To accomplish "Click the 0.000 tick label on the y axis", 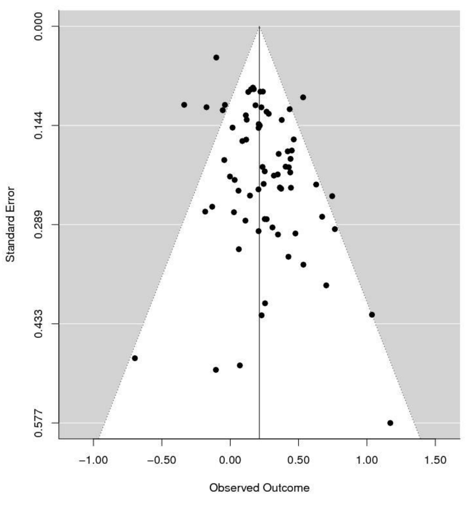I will click(x=38, y=26).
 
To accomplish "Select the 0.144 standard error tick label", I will click(x=38, y=125).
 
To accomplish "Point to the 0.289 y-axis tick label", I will click(x=38, y=224).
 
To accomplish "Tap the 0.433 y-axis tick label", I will click(x=38, y=324).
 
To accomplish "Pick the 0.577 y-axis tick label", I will click(x=38, y=423).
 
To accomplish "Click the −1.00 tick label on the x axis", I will click(x=93, y=461).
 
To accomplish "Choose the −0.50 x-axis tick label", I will click(x=161, y=461).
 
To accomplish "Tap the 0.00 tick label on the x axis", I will click(x=230, y=461).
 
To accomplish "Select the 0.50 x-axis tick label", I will click(x=298, y=461).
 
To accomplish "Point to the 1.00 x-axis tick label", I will click(x=367, y=461).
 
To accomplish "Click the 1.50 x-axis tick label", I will click(x=435, y=461).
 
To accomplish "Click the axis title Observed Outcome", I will click(x=259, y=488).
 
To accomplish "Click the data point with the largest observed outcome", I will click(x=390, y=423).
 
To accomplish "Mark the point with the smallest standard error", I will click(x=216, y=57).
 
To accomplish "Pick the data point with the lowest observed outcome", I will click(x=135, y=358).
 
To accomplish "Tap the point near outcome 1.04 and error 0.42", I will click(x=372, y=315).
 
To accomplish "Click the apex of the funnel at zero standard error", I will click(x=259, y=27).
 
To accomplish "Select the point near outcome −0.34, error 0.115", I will click(x=184, y=105).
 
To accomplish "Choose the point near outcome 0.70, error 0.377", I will click(x=326, y=285).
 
